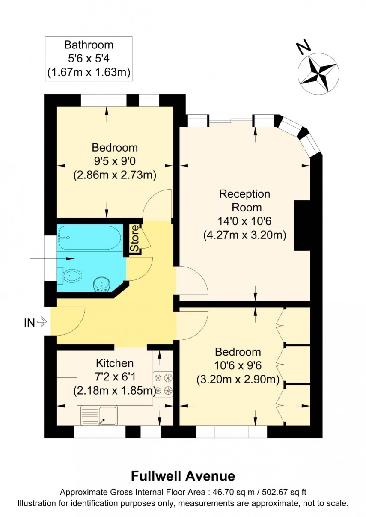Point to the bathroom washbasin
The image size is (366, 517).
pos(102,284)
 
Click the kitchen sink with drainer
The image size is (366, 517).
pos(99,415)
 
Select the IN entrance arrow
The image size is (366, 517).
pos(42,322)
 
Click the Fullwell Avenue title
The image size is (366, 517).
pos(183,476)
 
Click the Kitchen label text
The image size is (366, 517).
pos(114,363)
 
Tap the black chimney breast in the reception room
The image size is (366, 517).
pos(302,225)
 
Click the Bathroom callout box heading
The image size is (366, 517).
pos(89,45)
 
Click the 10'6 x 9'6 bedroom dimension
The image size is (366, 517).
pos(238,366)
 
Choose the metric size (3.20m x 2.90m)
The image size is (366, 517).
pos(238,380)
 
